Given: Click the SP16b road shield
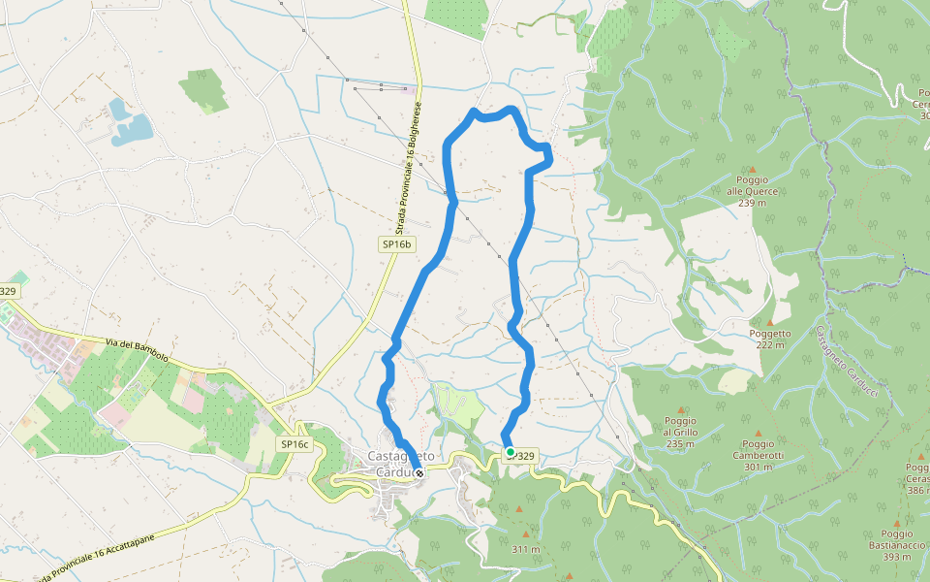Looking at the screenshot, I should point(396,245).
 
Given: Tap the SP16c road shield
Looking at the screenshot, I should point(294,444).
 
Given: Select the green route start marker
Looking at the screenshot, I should point(511,451).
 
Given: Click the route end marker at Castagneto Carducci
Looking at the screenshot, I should point(418,473).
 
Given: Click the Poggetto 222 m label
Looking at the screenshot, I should point(770,339).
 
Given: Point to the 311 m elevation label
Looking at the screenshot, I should point(525,549).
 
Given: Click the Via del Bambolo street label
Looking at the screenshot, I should point(136,349).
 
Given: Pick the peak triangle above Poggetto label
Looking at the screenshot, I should point(770,322).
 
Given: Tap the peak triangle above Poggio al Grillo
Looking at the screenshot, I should point(681,410).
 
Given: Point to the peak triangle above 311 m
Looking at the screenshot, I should point(526,533).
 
